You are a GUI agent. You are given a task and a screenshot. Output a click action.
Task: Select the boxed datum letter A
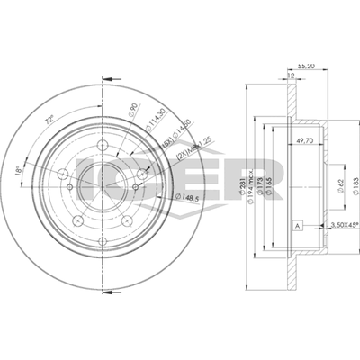(296, 224)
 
